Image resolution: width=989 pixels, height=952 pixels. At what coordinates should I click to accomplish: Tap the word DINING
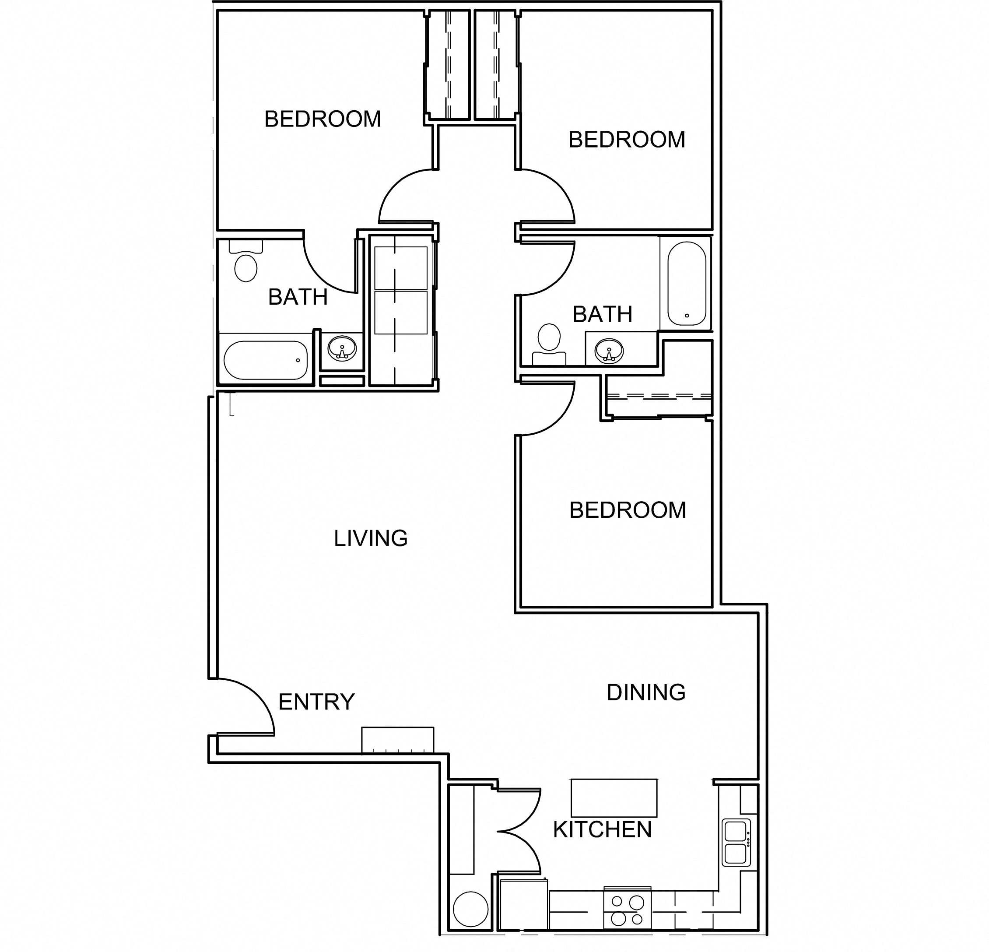646,692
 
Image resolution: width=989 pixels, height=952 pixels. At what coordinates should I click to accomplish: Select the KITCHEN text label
603,830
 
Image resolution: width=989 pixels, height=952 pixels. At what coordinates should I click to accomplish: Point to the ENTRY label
316,702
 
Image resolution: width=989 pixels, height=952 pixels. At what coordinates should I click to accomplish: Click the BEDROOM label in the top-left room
323,119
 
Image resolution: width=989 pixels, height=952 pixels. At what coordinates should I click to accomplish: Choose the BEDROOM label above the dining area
628,510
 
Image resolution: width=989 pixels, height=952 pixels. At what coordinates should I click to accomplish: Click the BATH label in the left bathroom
298,297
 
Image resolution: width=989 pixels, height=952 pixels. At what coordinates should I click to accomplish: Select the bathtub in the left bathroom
266,360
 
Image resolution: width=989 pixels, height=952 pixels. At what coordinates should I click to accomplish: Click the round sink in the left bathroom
342,349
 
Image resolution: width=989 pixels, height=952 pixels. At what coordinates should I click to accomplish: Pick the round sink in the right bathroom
609,350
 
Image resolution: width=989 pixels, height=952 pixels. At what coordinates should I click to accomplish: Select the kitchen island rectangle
614,797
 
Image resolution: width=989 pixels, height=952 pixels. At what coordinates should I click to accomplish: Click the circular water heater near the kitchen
470,909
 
